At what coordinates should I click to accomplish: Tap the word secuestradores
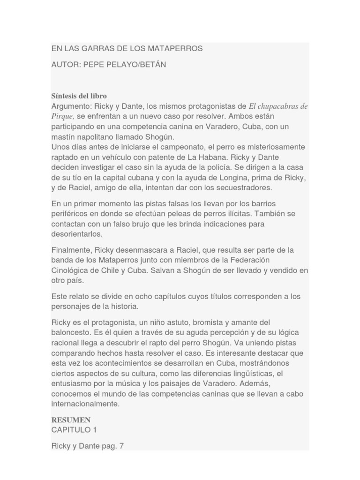point(236,188)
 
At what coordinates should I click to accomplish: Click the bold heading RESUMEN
point(71,420)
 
